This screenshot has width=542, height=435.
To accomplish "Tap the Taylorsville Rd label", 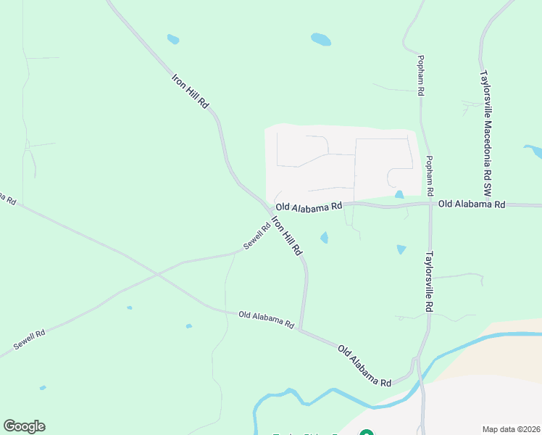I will tap(429, 282).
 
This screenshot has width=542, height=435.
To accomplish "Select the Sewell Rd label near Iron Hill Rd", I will tap(257, 236).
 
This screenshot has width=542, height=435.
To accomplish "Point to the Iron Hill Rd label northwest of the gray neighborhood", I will tap(191, 91).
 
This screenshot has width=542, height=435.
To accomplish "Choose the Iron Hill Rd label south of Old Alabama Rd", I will tap(286, 236).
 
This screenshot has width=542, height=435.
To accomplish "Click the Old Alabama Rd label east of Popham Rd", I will tap(471, 204).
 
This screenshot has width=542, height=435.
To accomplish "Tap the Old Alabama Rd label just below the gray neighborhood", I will tap(308, 207).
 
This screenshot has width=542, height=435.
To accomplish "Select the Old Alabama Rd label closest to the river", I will tap(364, 365).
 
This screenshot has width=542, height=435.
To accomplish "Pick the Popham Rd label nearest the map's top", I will tap(420, 75).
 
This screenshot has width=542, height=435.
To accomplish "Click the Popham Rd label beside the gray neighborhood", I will tap(429, 175).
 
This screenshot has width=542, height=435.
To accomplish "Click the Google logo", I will tap(24, 426).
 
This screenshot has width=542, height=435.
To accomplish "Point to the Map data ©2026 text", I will tap(512, 429).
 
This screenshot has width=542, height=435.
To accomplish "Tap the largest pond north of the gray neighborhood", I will tap(320, 39).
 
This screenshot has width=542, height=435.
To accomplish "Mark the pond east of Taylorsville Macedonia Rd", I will tap(533, 151).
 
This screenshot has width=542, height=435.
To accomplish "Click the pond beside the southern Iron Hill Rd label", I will tap(324, 237).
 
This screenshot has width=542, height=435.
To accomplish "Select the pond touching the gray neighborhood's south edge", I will tap(399, 195).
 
